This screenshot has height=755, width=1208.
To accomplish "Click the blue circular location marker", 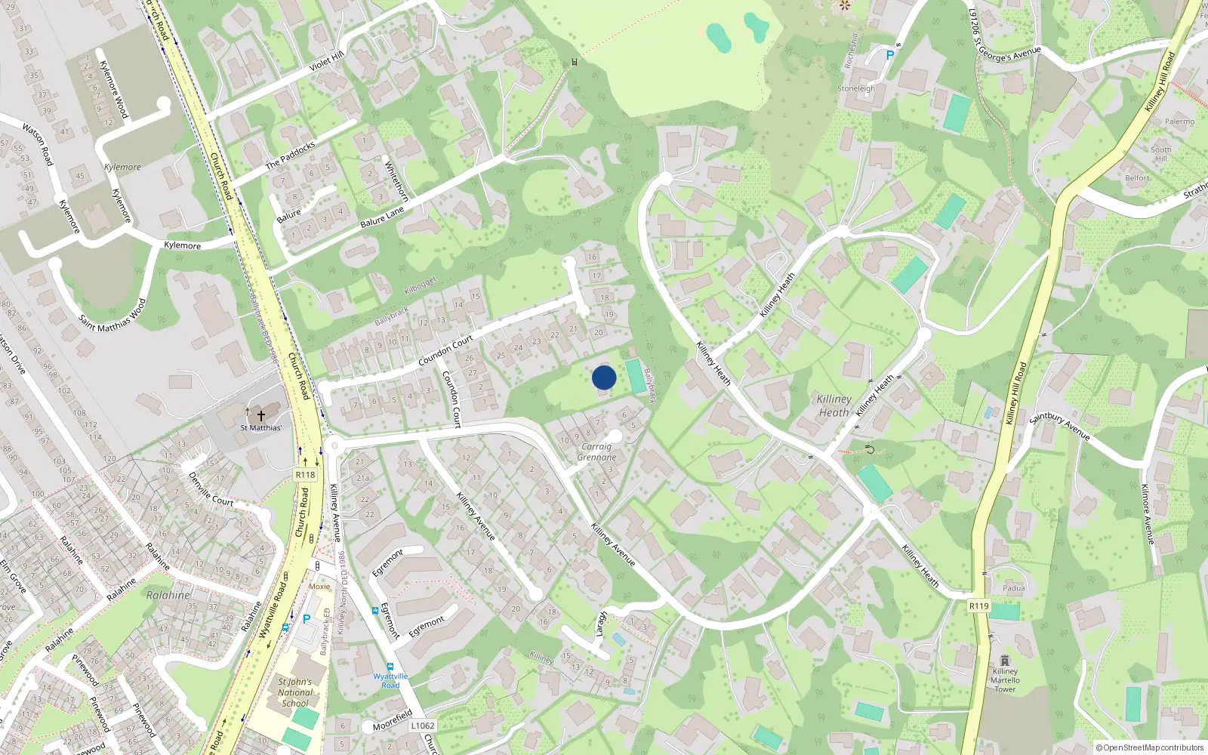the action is click(x=604, y=377).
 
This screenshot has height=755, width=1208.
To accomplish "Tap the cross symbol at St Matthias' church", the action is click(x=261, y=415).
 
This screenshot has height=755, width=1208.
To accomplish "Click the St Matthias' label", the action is click(x=261, y=428).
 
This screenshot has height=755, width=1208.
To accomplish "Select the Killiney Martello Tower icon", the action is click(x=1004, y=661).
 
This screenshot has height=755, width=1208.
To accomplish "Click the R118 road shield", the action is click(x=305, y=474).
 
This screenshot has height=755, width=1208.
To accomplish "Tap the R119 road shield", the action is click(x=978, y=606).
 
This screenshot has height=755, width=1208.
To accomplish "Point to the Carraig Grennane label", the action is click(x=596, y=451).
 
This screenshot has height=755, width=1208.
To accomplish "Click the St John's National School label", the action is click(x=295, y=692).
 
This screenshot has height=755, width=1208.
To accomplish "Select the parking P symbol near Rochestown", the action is click(x=889, y=55).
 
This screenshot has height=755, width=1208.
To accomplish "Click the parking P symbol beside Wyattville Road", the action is click(x=307, y=619).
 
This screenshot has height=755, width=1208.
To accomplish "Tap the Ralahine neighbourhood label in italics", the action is click(x=168, y=595).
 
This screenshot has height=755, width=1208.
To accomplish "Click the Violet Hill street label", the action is click(x=326, y=62).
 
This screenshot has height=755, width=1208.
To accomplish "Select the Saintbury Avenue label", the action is click(x=1059, y=426).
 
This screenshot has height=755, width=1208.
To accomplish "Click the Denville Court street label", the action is click(x=211, y=489).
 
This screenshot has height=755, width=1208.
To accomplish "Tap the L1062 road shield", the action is click(x=423, y=726).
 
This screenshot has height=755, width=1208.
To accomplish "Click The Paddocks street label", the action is click(x=290, y=155).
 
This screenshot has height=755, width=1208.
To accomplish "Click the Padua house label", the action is click(x=1014, y=588).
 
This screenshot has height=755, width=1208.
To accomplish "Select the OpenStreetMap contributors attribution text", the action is click(x=1150, y=748).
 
